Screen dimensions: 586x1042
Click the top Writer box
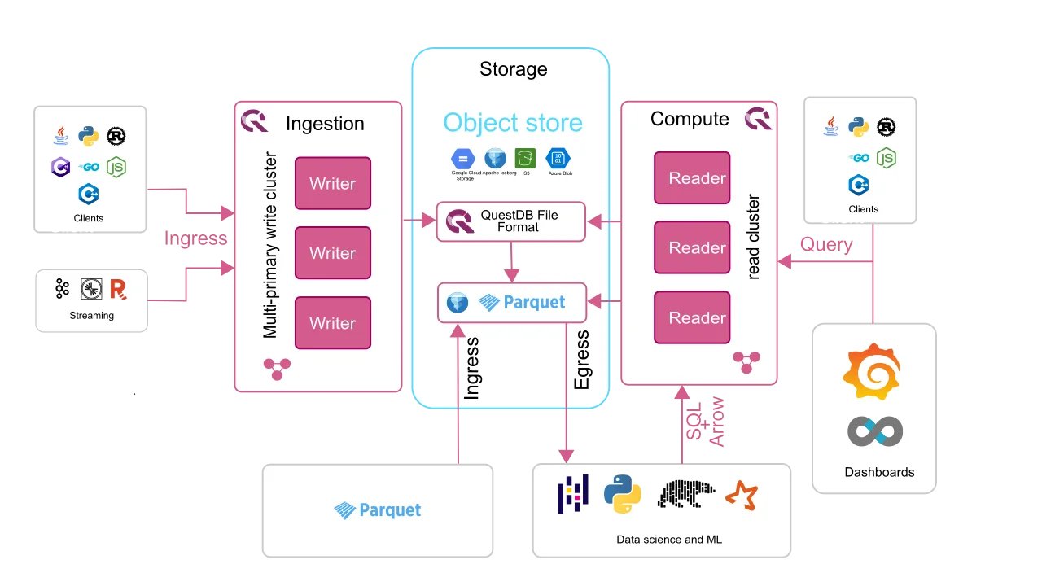pyautogui.click(x=332, y=183)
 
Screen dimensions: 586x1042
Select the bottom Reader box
pyautogui.click(x=692, y=318)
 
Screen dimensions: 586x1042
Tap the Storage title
pyautogui.click(x=513, y=69)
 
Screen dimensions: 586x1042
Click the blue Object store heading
pyautogui.click(x=513, y=123)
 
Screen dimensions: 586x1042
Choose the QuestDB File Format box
pyautogui.click(x=510, y=221)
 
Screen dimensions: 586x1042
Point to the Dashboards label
pyautogui.click(x=879, y=472)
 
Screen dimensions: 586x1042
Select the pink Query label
pyautogui.click(x=826, y=244)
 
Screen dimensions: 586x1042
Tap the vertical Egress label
pyautogui.click(x=581, y=359)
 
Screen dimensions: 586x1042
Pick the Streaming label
pyautogui.click(x=91, y=316)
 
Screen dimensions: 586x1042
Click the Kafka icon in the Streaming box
pyautogui.click(x=63, y=288)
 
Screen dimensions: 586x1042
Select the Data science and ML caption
pyautogui.click(x=669, y=539)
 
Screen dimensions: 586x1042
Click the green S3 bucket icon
pyautogui.click(x=524, y=158)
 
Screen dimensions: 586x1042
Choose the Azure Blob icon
pyautogui.click(x=558, y=158)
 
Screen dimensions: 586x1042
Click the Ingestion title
pyautogui.click(x=325, y=124)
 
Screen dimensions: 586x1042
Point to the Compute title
pyautogui.click(x=690, y=119)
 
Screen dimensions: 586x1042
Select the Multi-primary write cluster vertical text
pyautogui.click(x=270, y=245)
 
